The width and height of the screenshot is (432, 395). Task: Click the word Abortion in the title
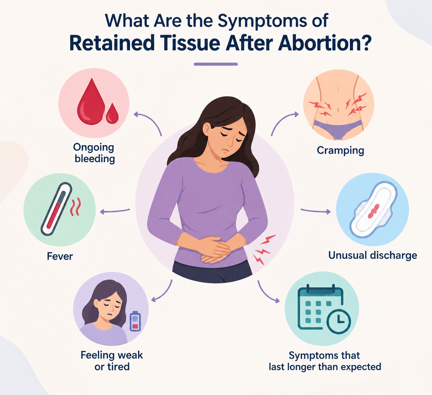coord(325,43)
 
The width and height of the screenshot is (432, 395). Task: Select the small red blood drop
coord(112,113)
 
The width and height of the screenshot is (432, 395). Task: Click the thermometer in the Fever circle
coord(56,209)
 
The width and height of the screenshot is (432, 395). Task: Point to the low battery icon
coord(135,321)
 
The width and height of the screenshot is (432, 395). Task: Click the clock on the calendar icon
coord(338,321)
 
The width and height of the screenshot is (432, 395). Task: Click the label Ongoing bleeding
coord(94,153)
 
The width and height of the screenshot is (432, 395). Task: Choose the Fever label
coord(60,256)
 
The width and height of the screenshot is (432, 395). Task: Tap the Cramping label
coord(340,151)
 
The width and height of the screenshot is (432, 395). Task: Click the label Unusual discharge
coord(372,255)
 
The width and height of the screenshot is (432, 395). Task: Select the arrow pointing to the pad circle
coord(316,211)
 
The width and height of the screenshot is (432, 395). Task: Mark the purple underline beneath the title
coord(216,64)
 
